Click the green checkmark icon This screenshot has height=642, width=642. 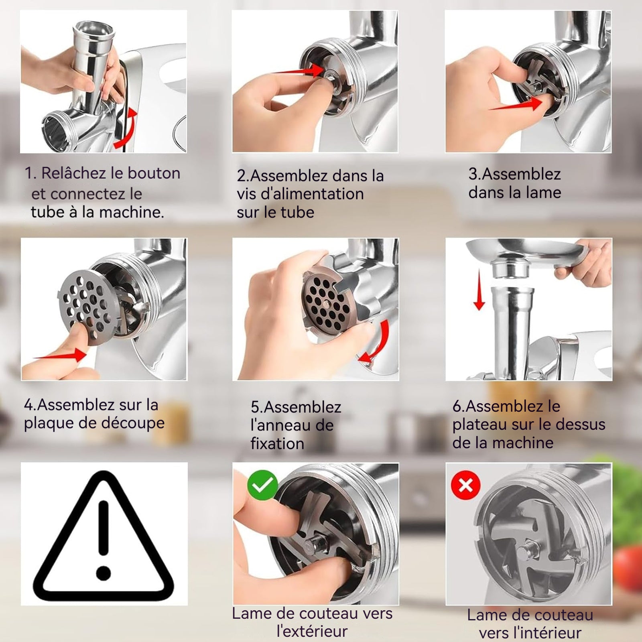[262, 485]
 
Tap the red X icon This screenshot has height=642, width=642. [465, 485]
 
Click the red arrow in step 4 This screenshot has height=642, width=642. [60, 355]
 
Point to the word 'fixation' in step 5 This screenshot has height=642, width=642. [277, 444]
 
